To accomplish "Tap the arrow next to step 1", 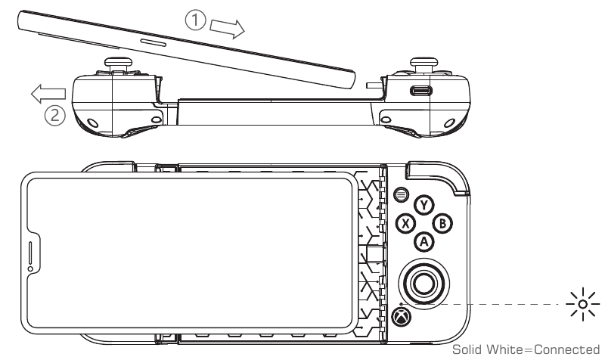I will point(227,28).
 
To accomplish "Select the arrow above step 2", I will point(47,94).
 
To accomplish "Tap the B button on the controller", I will point(444,223).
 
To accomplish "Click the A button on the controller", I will point(425,241).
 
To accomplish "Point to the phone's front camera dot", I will point(31,268).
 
